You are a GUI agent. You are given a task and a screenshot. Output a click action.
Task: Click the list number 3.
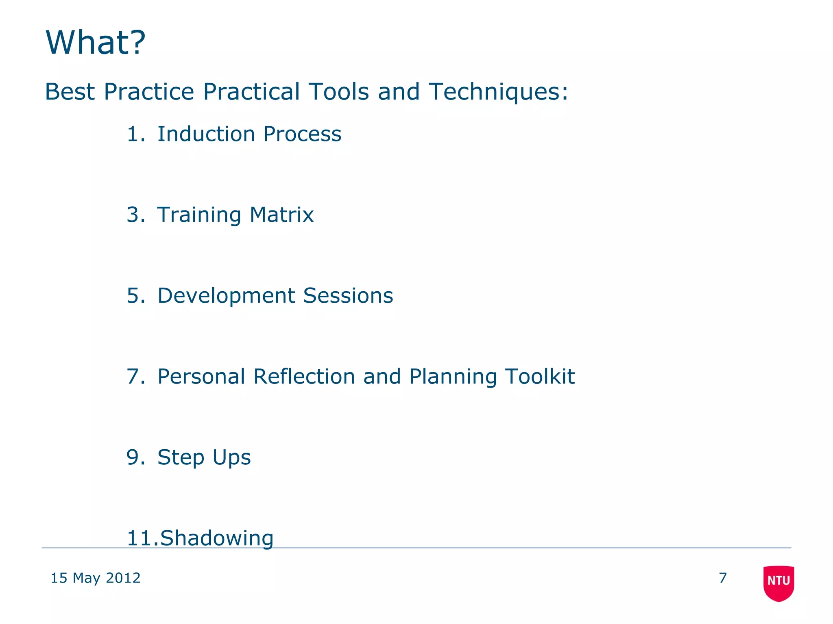[x=135, y=215]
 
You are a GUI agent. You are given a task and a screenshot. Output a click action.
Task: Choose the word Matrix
[x=281, y=215]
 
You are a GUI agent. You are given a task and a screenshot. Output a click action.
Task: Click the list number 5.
[x=135, y=296]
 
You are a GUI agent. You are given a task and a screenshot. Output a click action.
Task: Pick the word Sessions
[x=348, y=296]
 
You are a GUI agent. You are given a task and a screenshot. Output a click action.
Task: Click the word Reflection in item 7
[x=304, y=377]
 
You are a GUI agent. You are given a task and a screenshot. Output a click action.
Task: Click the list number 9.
[x=135, y=457]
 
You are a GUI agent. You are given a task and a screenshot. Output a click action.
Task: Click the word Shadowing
[x=217, y=538]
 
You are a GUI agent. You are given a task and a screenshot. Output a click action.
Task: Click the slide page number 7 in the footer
[x=723, y=578]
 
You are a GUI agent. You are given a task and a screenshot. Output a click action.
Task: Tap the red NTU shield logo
[x=778, y=583]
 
